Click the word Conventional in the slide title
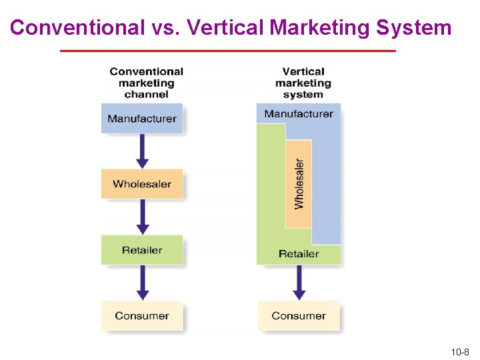coord(77,28)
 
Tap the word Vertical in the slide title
coord(227,28)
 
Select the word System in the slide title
coord(414,28)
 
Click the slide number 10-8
coord(460,351)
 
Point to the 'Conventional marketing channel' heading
coord(146,83)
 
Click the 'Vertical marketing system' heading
coord(303,83)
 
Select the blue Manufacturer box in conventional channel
coord(141,119)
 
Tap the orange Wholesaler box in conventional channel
coord(141,184)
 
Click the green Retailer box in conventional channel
coord(141,250)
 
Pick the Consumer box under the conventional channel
coord(141,316)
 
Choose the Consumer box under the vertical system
coord(299,316)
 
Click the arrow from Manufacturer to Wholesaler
coord(142,151)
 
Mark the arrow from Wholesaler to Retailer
coord(142,217)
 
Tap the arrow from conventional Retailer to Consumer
coord(142,283)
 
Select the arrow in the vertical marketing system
coord(299,283)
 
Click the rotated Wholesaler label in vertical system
coord(299,183)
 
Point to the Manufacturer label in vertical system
coord(299,113)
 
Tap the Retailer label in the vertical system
coord(299,254)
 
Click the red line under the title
coord(228,51)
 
